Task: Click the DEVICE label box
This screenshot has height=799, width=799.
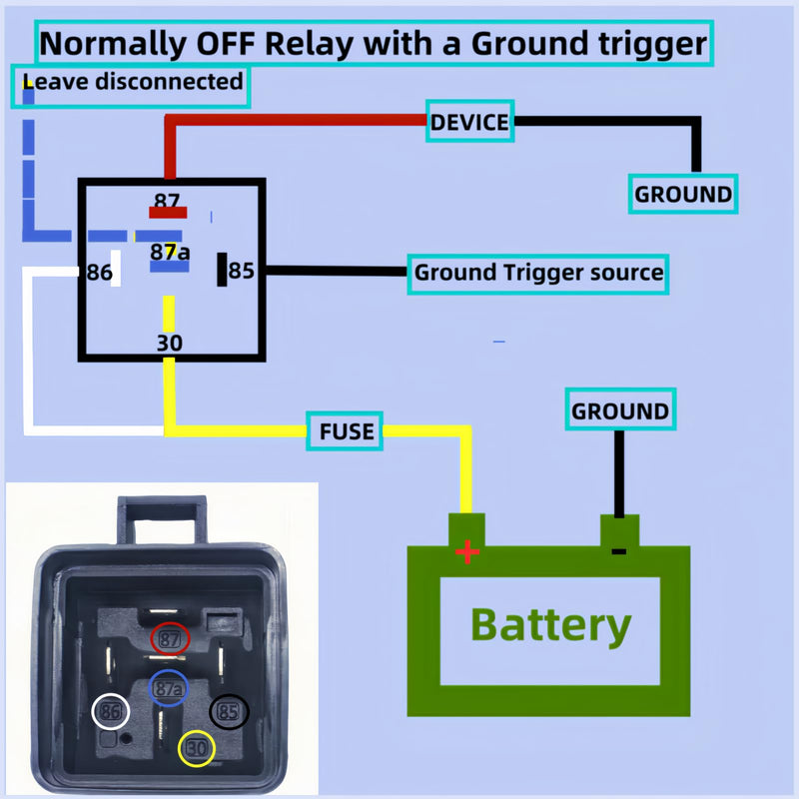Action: [469, 121]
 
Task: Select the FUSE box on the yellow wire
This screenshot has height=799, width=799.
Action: [345, 431]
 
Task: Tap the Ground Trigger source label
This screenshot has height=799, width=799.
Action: [538, 274]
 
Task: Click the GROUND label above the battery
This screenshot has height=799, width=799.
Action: [620, 409]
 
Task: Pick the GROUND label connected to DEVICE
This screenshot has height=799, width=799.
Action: [683, 194]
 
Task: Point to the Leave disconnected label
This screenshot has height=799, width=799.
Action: [131, 87]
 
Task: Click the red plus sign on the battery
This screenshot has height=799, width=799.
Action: [467, 551]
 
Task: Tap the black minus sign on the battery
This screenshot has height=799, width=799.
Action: [618, 551]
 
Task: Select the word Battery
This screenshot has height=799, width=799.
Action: [551, 626]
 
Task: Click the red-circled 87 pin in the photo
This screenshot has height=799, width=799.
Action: [170, 638]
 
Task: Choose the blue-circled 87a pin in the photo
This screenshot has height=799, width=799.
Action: [168, 688]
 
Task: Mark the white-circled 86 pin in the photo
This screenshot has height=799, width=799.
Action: [111, 711]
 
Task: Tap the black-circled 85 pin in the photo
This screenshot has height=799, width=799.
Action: [230, 711]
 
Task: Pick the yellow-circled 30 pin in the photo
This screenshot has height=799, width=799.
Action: [197, 748]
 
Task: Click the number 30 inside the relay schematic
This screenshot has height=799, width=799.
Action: [169, 343]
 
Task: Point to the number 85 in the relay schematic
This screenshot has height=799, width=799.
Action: [241, 271]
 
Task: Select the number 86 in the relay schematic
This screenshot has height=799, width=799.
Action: [99, 273]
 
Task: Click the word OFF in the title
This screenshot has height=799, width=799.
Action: [226, 44]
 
